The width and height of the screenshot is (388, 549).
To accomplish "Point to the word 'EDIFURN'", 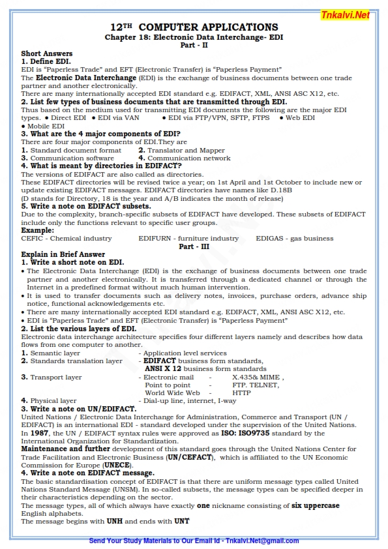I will (154, 239).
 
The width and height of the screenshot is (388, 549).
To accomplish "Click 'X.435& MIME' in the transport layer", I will (257, 377).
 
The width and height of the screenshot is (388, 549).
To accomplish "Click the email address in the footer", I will (261, 541).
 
